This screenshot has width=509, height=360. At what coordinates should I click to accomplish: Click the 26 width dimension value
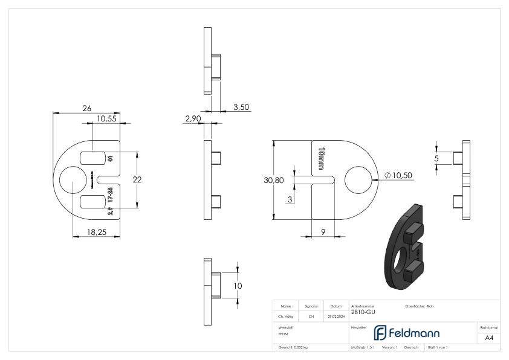pyautogui.click(x=86, y=108)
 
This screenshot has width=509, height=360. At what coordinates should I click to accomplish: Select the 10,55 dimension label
pyautogui.click(x=106, y=119)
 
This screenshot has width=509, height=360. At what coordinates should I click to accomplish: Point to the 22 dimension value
pyautogui.click(x=137, y=179)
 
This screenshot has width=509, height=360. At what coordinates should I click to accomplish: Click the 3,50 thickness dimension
pyautogui.click(x=241, y=107)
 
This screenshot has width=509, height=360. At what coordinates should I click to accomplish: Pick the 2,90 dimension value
pyautogui.click(x=192, y=119)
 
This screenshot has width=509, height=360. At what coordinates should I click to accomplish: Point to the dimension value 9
pyautogui.click(x=323, y=231)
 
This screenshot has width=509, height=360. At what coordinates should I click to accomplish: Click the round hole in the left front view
pyautogui.click(x=73, y=179)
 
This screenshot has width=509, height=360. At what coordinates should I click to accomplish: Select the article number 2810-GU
pyautogui.click(x=362, y=312)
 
